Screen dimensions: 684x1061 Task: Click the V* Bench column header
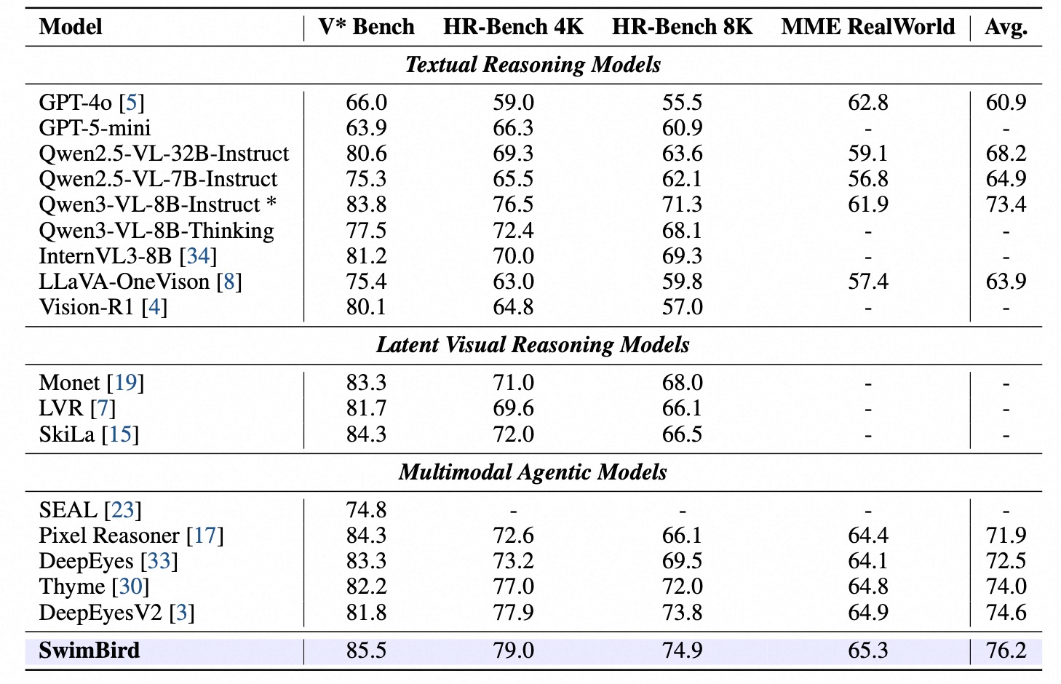[x=366, y=27]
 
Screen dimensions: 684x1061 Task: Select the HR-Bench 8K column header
[x=682, y=27]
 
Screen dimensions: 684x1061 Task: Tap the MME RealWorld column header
[x=867, y=27]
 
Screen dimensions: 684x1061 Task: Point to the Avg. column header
[x=1006, y=28]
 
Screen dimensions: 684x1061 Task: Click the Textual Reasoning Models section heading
[x=533, y=65]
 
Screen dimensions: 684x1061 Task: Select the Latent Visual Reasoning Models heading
[x=533, y=345]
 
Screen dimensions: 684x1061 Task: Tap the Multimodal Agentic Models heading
[x=533, y=472]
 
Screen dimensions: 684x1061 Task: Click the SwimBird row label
[x=90, y=651]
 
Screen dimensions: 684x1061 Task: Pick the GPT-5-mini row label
[x=95, y=128]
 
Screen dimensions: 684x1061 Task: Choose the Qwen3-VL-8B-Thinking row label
[x=156, y=231]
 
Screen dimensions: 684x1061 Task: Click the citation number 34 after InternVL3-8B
[x=198, y=256]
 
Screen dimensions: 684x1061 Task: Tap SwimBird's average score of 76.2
[x=1006, y=651]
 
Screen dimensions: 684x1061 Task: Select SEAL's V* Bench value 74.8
[x=366, y=510]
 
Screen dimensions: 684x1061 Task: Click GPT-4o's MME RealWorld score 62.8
[x=867, y=103]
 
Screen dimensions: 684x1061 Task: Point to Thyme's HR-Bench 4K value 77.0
[x=513, y=586]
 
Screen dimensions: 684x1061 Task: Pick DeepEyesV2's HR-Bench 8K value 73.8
[x=682, y=613]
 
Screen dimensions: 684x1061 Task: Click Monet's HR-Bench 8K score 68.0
[x=682, y=383]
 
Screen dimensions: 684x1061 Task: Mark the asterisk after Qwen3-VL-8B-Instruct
[x=271, y=204]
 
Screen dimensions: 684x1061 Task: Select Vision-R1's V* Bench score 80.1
[x=366, y=307]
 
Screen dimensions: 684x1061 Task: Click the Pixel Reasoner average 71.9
[x=1006, y=536]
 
